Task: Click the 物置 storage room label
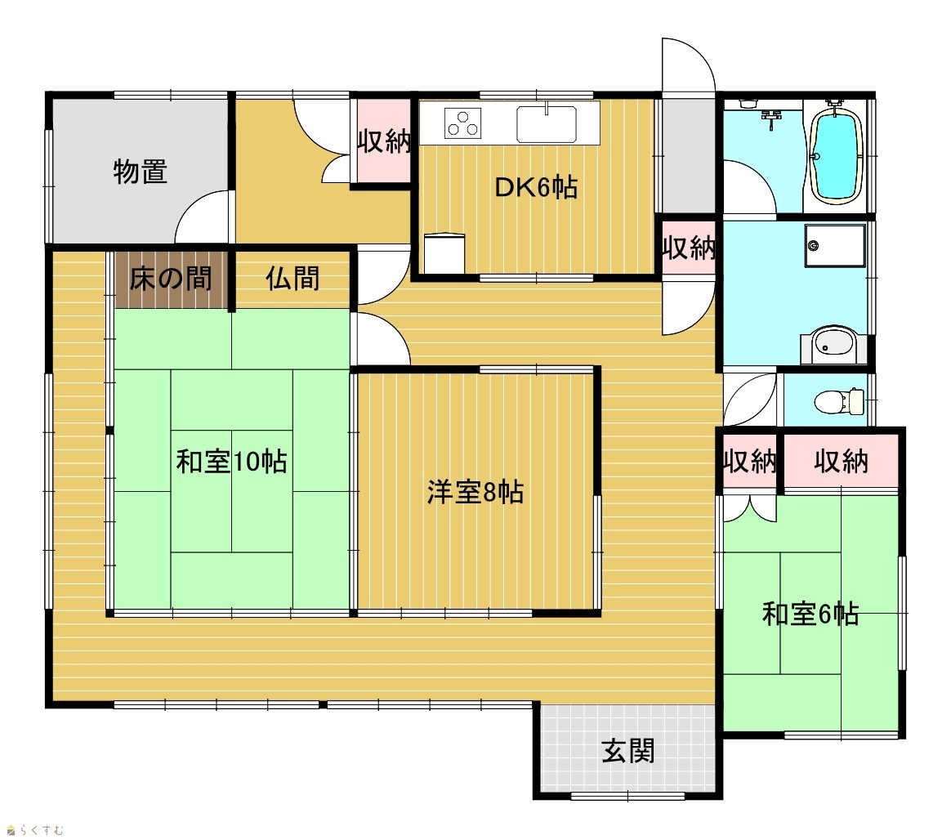[140, 172]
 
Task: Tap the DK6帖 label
[536, 187]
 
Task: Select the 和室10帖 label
[231, 462]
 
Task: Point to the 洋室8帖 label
[475, 492]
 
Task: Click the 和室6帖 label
[810, 614]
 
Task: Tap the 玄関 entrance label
[628, 751]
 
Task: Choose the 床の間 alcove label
[171, 279]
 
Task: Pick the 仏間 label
[292, 279]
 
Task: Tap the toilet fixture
[839, 401]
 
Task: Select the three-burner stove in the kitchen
[463, 123]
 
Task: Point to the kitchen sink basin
[546, 124]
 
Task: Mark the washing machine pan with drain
[834, 246]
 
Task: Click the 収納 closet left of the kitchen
[384, 141]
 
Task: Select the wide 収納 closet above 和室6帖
[841, 462]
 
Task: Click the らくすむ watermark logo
[34, 829]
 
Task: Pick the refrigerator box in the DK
[444, 253]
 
